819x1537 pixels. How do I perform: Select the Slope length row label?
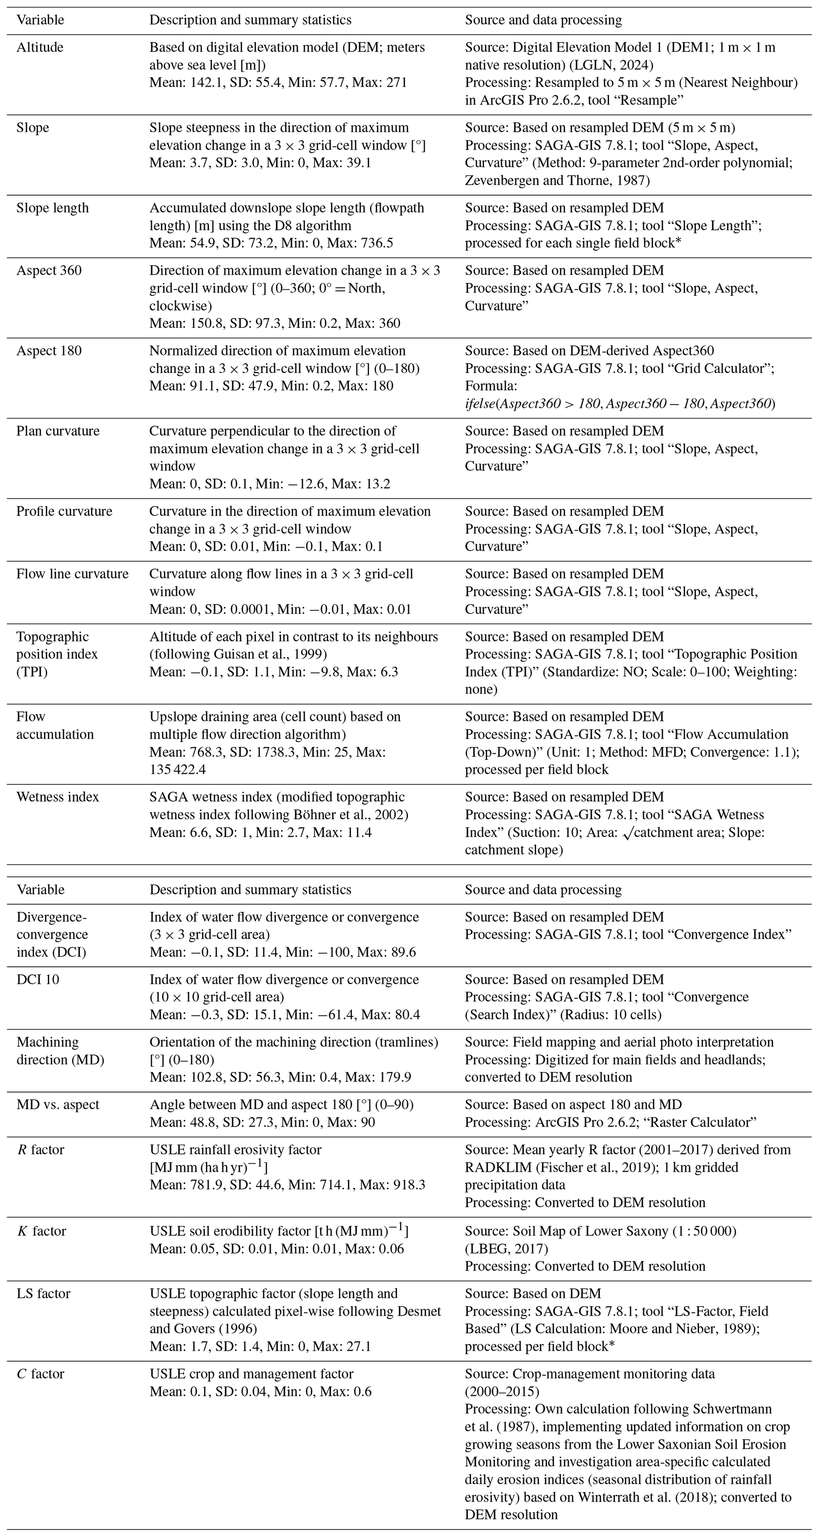[52, 208]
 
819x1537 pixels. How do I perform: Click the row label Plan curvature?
[58, 431]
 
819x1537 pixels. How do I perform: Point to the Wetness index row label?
[57, 797]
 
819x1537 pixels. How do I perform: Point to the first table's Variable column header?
[40, 20]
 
